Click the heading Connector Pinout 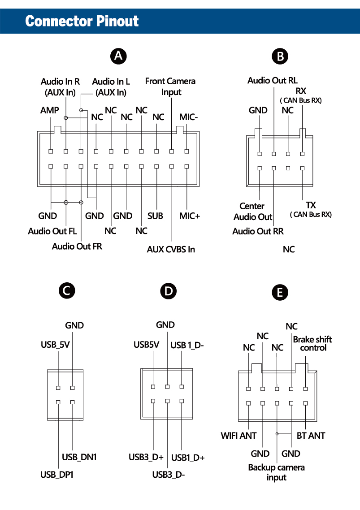[x=82, y=21]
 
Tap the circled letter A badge [x=118, y=56]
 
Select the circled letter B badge [x=280, y=56]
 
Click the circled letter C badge [x=67, y=291]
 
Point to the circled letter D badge [x=168, y=291]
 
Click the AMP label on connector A [x=49, y=110]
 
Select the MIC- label [x=189, y=117]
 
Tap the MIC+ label [x=189, y=216]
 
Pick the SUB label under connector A [x=155, y=216]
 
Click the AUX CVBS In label [x=171, y=249]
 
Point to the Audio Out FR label [x=77, y=246]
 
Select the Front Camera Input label [x=170, y=86]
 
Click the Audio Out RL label [x=272, y=81]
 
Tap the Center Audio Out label [x=253, y=212]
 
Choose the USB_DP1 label [x=57, y=474]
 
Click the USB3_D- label [x=169, y=474]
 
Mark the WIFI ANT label [x=239, y=436]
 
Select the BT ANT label [x=311, y=436]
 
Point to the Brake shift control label [x=312, y=344]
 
